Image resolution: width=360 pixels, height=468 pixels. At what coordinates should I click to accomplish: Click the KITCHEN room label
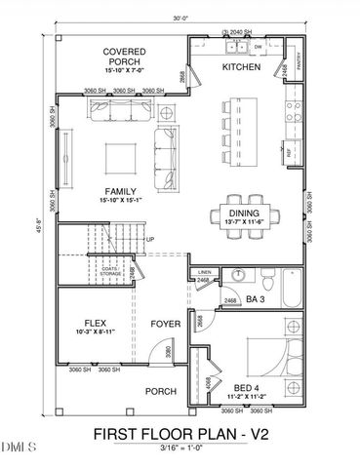click(241, 67)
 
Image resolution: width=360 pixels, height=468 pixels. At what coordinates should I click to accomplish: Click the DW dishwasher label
click(258, 47)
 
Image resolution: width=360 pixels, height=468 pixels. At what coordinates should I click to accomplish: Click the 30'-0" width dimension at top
click(179, 17)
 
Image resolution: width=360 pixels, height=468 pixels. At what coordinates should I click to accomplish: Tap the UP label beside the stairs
click(149, 240)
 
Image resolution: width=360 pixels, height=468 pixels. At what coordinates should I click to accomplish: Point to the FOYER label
click(163, 324)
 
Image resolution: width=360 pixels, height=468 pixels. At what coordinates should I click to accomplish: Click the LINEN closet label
click(204, 272)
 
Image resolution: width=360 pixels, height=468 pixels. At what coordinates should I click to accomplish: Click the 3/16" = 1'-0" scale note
click(180, 448)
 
